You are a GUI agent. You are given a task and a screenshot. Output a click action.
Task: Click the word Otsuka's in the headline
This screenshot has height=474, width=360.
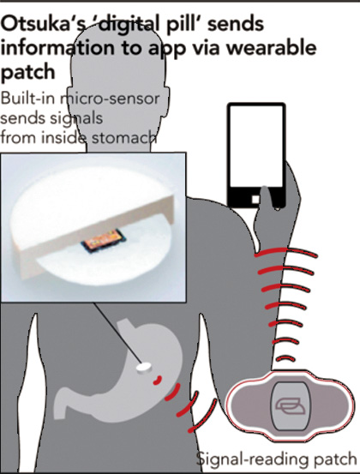[42, 24]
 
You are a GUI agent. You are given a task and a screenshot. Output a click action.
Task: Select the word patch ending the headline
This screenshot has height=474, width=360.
[27, 73]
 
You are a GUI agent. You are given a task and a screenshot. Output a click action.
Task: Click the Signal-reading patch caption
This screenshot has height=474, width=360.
[276, 459]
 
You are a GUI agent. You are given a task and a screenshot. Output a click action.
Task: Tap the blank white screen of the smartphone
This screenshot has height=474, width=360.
[256, 147]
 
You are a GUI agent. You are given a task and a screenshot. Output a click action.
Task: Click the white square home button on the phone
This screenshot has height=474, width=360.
[255, 199]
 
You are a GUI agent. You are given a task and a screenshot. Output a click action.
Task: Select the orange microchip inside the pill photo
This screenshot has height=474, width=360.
[104, 240]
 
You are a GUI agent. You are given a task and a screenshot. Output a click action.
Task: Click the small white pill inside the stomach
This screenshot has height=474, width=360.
[144, 368]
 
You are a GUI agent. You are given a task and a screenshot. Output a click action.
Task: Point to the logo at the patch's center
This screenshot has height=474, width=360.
[290, 406]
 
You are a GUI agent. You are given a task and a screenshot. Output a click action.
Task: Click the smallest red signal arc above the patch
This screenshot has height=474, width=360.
[286, 359]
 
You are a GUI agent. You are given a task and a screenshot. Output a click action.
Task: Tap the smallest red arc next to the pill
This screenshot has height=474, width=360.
[158, 381]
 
